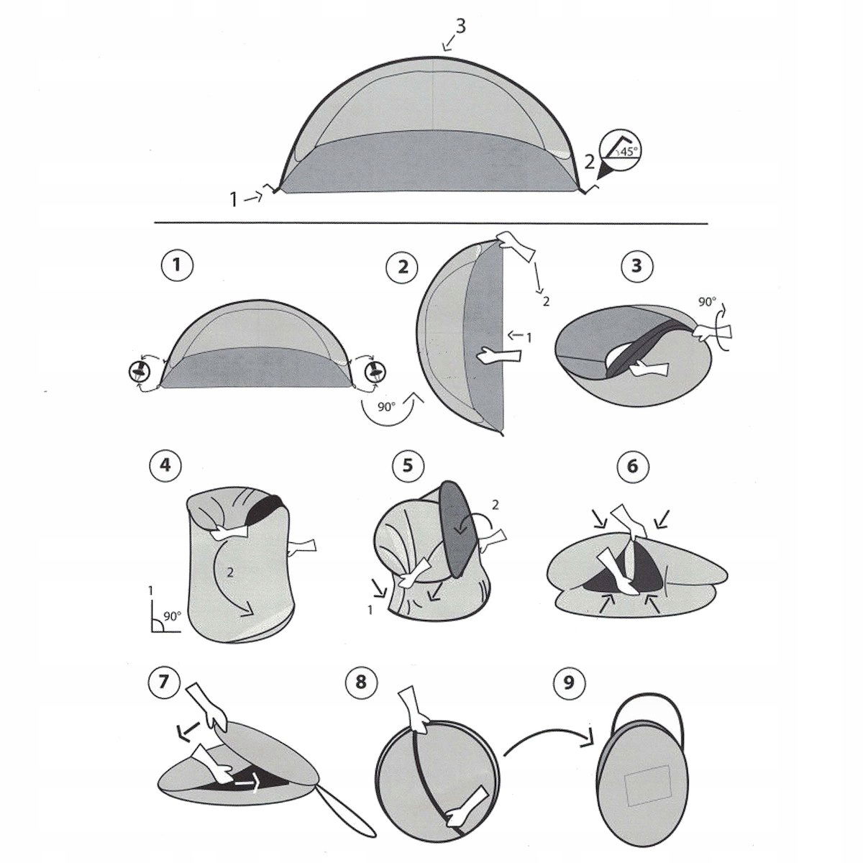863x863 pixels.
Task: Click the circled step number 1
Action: click(177, 266)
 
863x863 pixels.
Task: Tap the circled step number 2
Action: click(403, 268)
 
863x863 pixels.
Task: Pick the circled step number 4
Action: click(165, 465)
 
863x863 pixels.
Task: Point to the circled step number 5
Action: click(408, 465)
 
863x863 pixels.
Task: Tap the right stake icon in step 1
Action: click(375, 370)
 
